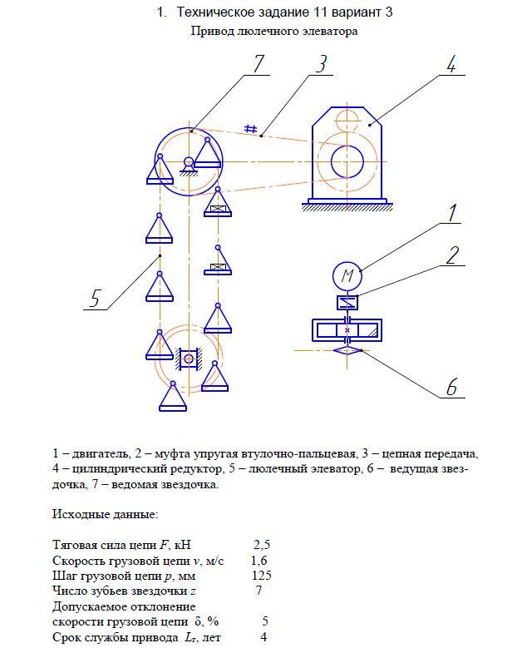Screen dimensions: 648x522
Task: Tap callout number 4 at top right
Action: pyautogui.click(x=450, y=66)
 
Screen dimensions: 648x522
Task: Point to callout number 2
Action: pyautogui.click(x=451, y=255)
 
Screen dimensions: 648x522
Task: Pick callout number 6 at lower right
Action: pyautogui.click(x=452, y=388)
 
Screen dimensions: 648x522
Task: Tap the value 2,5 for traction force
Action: pyautogui.click(x=262, y=545)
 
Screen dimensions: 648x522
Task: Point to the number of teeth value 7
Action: pyautogui.click(x=259, y=590)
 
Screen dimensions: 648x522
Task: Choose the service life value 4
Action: pyautogui.click(x=263, y=636)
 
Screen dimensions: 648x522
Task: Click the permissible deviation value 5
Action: pyautogui.click(x=264, y=621)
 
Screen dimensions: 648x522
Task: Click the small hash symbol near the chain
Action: pyautogui.click(x=249, y=127)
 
